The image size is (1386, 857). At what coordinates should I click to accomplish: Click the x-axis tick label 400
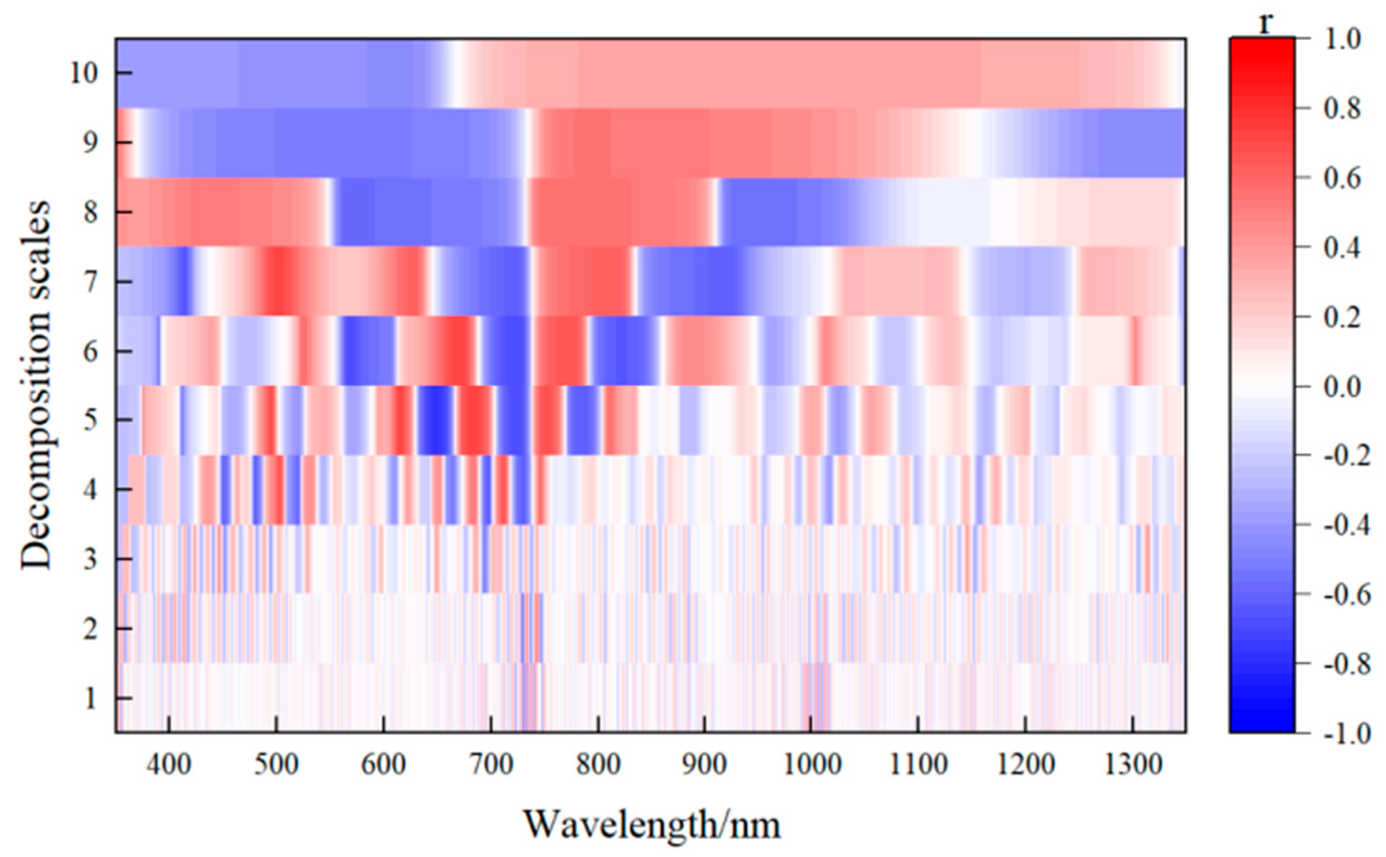(x=168, y=766)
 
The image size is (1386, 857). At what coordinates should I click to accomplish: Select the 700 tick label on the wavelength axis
(x=490, y=766)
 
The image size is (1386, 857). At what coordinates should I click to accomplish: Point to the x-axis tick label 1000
(x=812, y=766)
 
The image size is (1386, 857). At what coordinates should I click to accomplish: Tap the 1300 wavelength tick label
(x=1134, y=766)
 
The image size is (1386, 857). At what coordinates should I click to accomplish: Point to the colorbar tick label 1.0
(x=1342, y=40)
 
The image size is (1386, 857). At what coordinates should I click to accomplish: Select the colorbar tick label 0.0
(x=1342, y=388)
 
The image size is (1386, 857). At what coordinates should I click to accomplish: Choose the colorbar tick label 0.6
(x=1342, y=178)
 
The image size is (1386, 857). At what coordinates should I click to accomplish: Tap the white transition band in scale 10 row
(x=454, y=73)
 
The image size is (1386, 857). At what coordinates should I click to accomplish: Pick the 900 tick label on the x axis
(x=705, y=766)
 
